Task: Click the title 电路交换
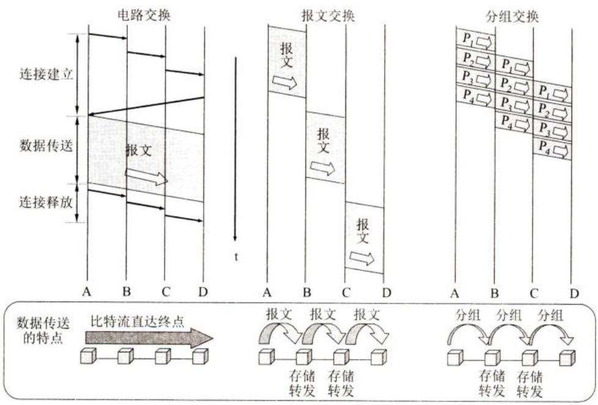(x=144, y=15)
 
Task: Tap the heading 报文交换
(x=328, y=15)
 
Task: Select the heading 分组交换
(x=512, y=17)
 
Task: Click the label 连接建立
(x=46, y=73)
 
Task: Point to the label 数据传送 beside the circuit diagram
(x=46, y=146)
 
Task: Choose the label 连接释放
(x=46, y=202)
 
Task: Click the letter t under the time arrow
(x=236, y=257)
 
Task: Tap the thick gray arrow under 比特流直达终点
(x=149, y=338)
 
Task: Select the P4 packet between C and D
(x=552, y=149)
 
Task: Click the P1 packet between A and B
(x=476, y=39)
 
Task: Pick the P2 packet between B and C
(x=514, y=86)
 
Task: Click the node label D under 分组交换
(x=574, y=293)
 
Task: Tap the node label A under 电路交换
(x=87, y=292)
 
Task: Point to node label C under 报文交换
(x=345, y=293)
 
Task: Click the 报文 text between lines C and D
(x=363, y=231)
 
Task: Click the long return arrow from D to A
(x=146, y=106)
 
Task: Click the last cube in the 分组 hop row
(x=567, y=358)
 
